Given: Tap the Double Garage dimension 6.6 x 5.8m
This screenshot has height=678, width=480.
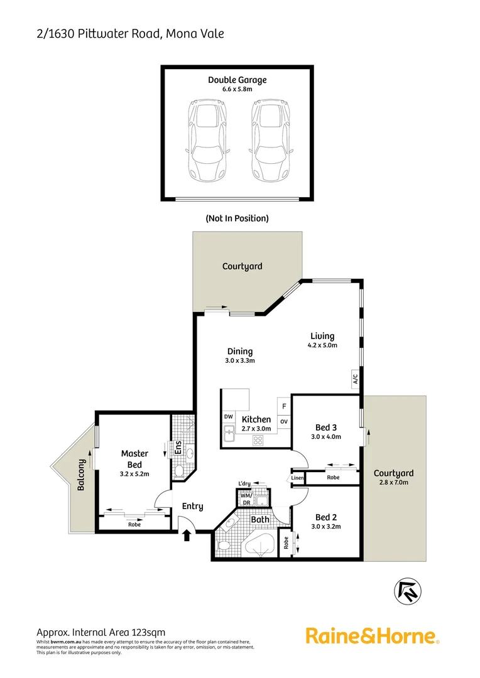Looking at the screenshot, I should [237, 90].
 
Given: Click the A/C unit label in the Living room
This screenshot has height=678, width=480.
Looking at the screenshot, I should [355, 379].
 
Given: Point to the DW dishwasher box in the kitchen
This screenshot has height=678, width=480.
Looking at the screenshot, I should [228, 416].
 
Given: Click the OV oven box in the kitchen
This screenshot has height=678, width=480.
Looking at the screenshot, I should [284, 421].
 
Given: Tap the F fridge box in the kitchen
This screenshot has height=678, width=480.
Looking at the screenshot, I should [284, 406].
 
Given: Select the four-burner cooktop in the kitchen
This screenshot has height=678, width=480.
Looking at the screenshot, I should [258, 439].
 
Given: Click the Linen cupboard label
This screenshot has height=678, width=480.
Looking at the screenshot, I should [298, 478].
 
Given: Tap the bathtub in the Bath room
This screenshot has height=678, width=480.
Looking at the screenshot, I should [259, 543].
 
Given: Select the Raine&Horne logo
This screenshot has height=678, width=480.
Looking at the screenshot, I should [372, 635].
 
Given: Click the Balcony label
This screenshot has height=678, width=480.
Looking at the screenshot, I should [82, 475].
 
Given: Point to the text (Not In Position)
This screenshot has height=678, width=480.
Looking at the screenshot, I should [237, 218].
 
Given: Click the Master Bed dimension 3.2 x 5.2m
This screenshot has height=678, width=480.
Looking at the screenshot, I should [134, 474].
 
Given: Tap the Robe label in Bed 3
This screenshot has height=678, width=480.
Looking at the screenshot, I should [333, 478].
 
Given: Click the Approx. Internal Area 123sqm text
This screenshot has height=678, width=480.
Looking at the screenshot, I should [101, 632].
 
